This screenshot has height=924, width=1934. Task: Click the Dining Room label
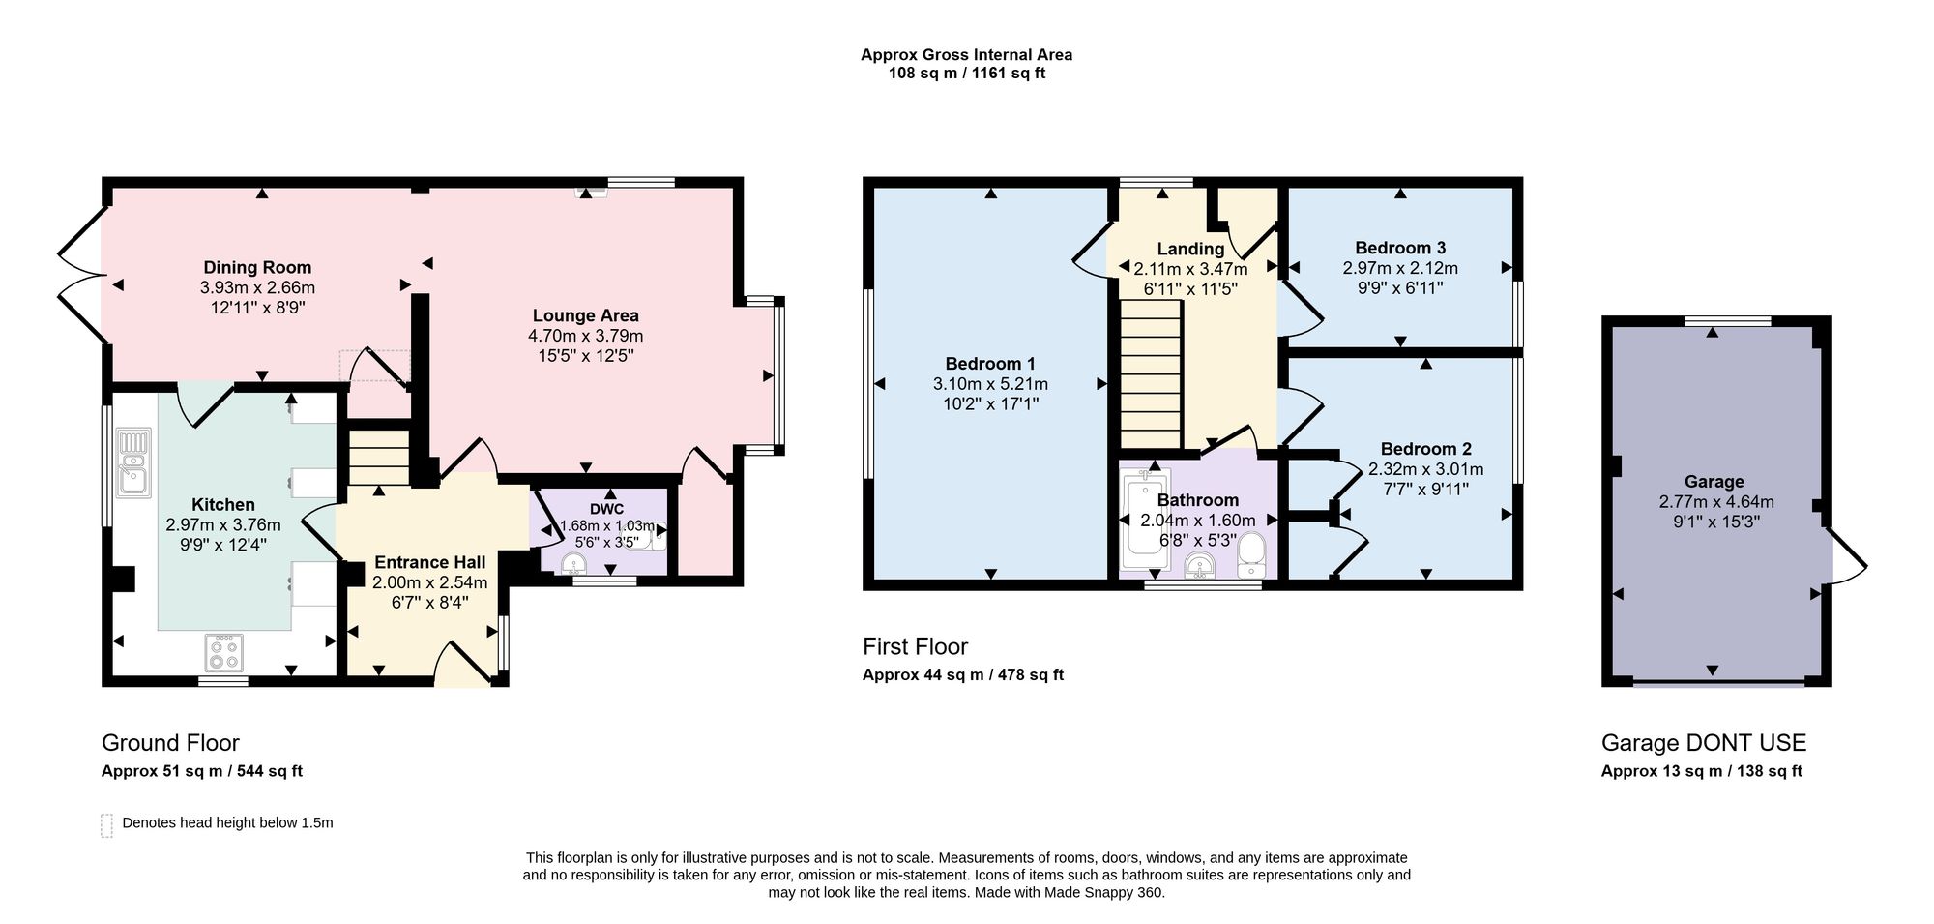[257, 268]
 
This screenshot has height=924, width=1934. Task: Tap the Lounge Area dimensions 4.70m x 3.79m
[585, 336]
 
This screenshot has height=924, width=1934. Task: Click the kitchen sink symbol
[133, 462]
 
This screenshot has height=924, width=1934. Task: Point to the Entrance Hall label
[430, 562]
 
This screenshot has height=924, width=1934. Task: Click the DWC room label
[606, 509]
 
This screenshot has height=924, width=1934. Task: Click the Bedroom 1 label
[990, 364]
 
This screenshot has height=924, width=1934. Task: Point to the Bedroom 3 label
[1400, 248]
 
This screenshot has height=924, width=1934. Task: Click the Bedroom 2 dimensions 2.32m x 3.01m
[1425, 469]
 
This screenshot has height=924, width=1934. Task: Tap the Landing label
[1190, 249]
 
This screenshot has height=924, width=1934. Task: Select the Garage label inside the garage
[1714, 482]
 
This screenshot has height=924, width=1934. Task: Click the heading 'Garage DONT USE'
[1704, 743]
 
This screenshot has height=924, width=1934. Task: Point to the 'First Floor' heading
[915, 646]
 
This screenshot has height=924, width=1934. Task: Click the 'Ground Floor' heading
[170, 743]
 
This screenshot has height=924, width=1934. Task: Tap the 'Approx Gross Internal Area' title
[967, 55]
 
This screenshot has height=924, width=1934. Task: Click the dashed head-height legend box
[106, 824]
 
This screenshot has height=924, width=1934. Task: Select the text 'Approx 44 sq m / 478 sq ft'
[963, 675]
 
